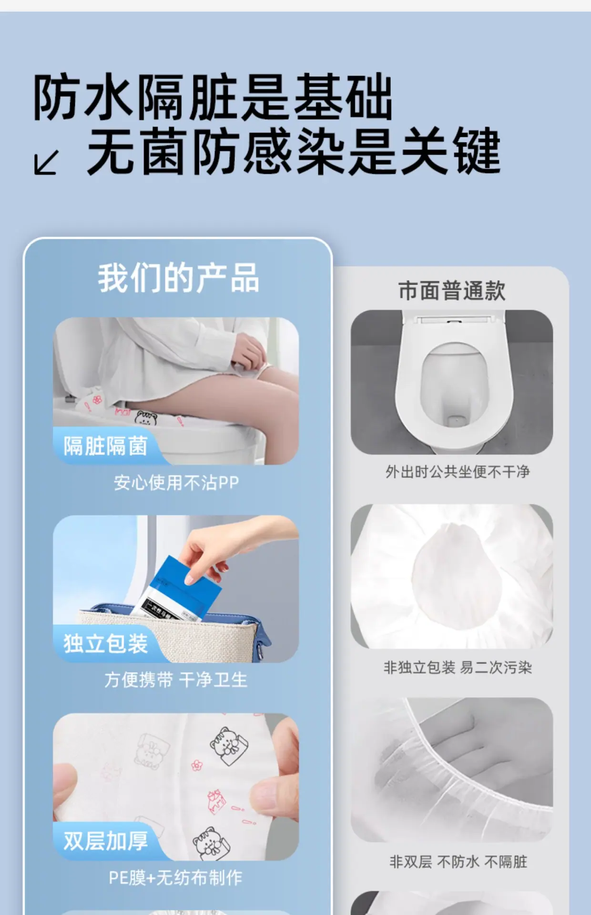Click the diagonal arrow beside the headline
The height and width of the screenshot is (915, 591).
pyautogui.click(x=46, y=163)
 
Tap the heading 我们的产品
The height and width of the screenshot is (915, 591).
pyautogui.click(x=178, y=278)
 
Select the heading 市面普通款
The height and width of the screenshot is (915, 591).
pyautogui.click(x=452, y=291)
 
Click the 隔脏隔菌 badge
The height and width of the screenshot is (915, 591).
pyautogui.click(x=105, y=446)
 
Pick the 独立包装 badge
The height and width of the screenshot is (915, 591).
pyautogui.click(x=105, y=643)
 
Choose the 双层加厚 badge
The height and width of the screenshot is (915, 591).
pyautogui.click(x=105, y=841)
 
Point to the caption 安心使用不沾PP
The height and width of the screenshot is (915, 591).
pyautogui.click(x=176, y=483)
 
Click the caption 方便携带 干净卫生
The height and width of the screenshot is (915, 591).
pyautogui.click(x=176, y=680)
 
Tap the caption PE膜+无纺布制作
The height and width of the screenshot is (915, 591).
pyautogui.click(x=176, y=877)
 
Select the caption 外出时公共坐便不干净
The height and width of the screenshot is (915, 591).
pyautogui.click(x=458, y=472)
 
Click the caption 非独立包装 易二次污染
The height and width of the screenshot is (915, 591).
pyautogui.click(x=458, y=667)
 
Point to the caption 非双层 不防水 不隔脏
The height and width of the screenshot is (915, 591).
pyautogui.click(x=458, y=862)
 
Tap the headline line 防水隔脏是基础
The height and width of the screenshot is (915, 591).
pyautogui.click(x=213, y=97)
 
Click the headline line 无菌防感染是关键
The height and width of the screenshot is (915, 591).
pyautogui.click(x=294, y=151)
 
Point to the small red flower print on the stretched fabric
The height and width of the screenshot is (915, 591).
pyautogui.click(x=196, y=765)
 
